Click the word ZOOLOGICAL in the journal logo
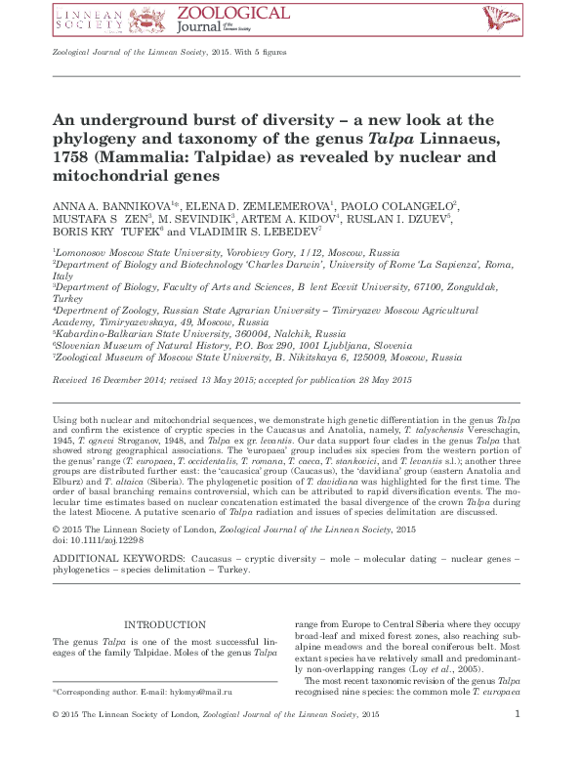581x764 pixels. pos(231,13)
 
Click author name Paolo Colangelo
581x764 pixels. pos(394,204)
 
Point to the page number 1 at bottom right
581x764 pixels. pos(517,743)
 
